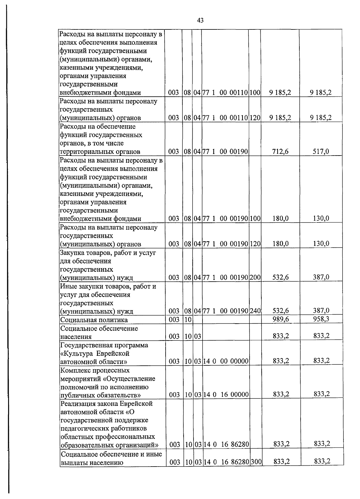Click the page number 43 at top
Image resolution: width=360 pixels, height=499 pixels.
pos(200,20)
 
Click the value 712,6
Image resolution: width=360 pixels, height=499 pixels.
pos(280,152)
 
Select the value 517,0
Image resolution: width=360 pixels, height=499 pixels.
pos(321,152)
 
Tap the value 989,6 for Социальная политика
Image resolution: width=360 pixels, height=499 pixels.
pos(280,319)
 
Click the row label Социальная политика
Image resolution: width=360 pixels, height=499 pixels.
pos(94,320)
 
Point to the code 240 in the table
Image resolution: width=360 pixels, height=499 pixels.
pos(255,311)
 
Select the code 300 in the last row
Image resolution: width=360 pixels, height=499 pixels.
pos(256,462)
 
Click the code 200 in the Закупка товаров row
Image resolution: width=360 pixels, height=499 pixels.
pos(255,277)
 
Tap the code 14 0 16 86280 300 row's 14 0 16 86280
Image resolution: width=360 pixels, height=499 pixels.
pos(226,462)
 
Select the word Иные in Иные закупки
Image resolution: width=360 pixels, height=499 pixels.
pos(67,286)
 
